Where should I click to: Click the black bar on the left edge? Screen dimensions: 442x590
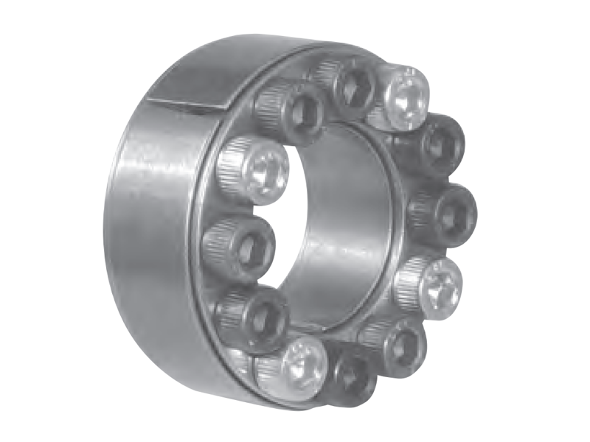pos(33,221)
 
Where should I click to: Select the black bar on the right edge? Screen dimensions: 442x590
pos(556,221)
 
